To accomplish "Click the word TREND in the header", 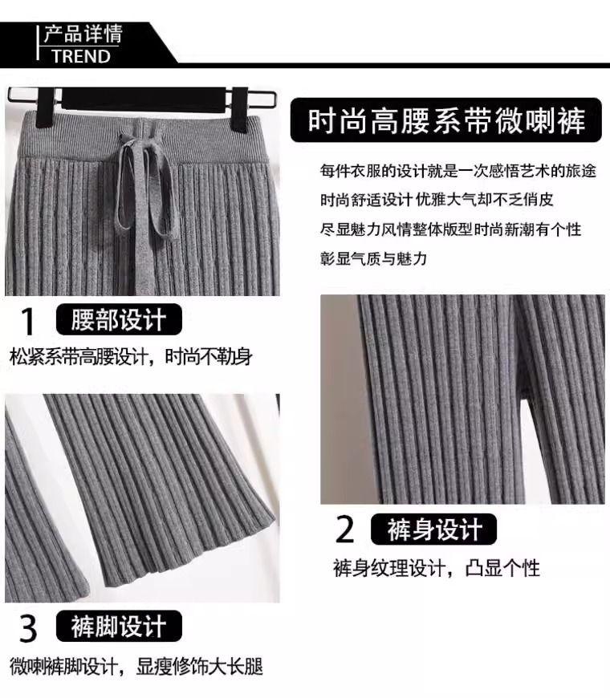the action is pos(80,56).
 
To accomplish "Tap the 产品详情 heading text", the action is pos(83,34).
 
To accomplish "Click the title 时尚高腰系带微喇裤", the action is pos(446,120).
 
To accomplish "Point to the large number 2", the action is pos(344,529).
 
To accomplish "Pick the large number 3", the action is pos(28,628).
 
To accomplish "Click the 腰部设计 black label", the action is pos(119,319).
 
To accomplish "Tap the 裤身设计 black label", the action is pos(433,529).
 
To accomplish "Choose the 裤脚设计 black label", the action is pos(119,626).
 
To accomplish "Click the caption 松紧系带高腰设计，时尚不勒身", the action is pos(131,356).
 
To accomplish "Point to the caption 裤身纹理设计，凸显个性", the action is pos(437,568).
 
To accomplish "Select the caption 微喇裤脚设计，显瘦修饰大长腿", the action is pos(136,667).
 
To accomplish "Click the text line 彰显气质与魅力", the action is pos(373,258).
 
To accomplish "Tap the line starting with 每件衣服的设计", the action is pos(458,171).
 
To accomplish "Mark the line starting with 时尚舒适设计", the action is pos(437,200).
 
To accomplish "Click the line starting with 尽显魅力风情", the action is pos(450,229).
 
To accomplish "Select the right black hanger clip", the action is pos(240,109).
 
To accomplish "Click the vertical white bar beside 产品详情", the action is pos(38,43).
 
